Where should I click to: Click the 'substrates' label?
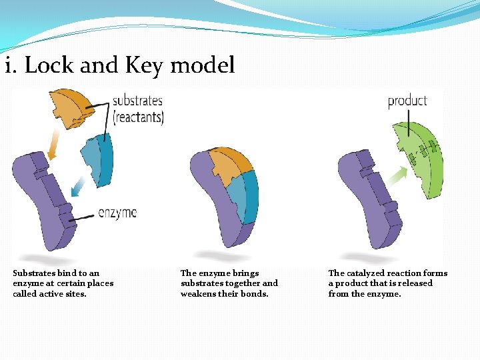[x=137, y=101]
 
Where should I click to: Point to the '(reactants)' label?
[x=138, y=117]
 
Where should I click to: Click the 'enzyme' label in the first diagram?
[x=117, y=213]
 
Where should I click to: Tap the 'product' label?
[x=407, y=101]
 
